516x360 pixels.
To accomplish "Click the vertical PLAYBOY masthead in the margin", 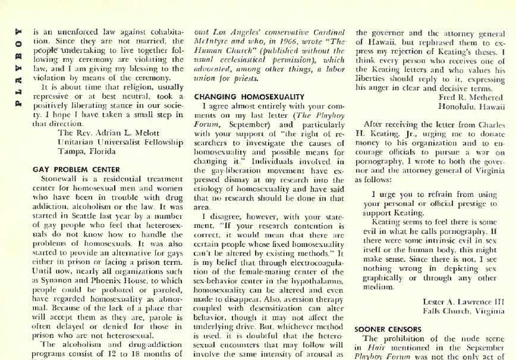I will click(18, 60).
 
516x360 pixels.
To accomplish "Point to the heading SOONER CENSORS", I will click(387, 328).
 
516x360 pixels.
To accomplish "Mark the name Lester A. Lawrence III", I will click(464, 301).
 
